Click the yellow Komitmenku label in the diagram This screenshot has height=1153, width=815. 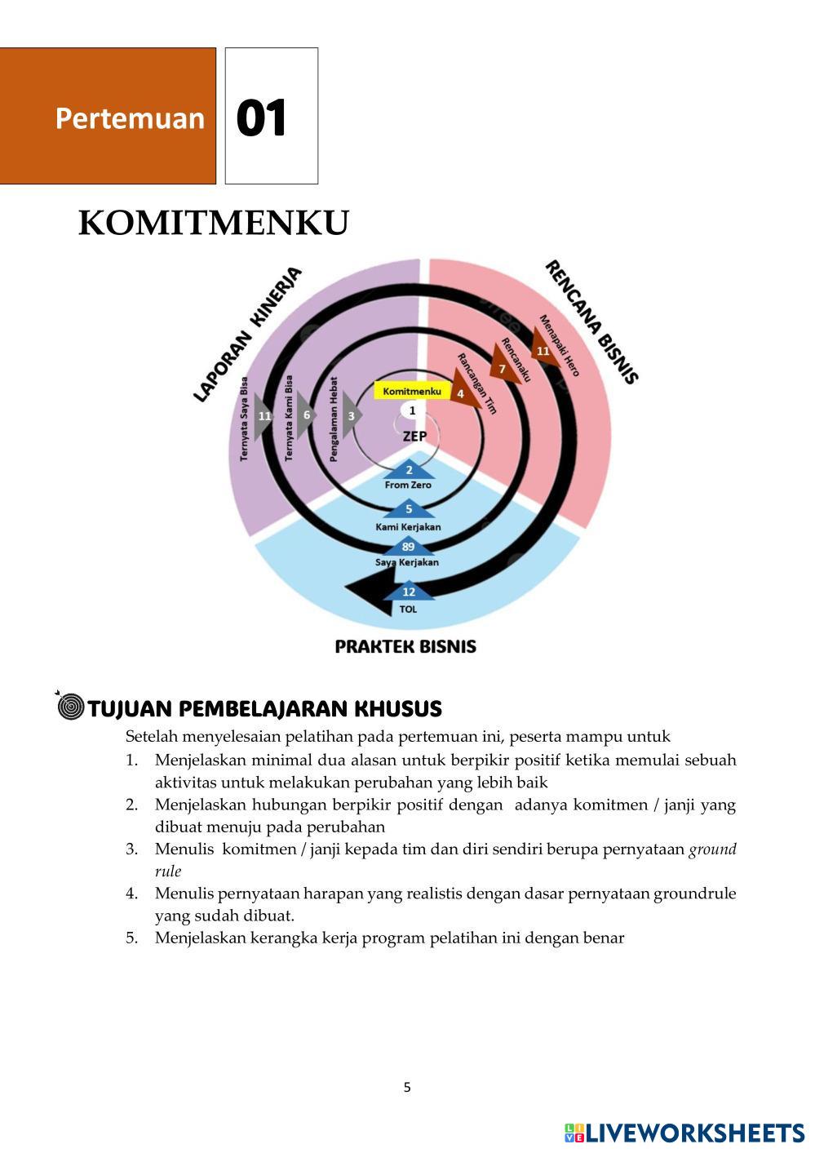pyautogui.click(x=412, y=391)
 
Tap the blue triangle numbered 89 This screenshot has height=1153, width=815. pyautogui.click(x=408, y=547)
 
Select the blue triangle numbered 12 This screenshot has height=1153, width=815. pyautogui.click(x=409, y=592)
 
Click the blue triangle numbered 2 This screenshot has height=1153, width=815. pyautogui.click(x=409, y=469)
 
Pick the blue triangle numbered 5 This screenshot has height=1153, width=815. pyautogui.click(x=409, y=509)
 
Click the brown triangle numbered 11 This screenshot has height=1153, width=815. pyautogui.click(x=543, y=348)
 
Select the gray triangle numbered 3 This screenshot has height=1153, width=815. pyautogui.click(x=352, y=415)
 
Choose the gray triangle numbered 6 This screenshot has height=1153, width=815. pyautogui.click(x=306, y=415)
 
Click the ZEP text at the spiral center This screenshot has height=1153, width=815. pyautogui.click(x=414, y=437)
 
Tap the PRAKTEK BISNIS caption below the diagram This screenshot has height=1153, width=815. pyautogui.click(x=405, y=646)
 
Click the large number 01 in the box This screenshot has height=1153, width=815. pyautogui.click(x=262, y=118)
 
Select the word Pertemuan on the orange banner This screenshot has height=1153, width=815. pyautogui.click(x=130, y=118)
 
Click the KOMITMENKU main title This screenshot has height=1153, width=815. pyautogui.click(x=214, y=224)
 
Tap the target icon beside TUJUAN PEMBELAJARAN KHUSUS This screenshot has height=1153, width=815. pyautogui.click(x=71, y=706)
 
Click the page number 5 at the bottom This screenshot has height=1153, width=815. pyautogui.click(x=407, y=1087)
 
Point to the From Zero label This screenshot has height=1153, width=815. pyautogui.click(x=408, y=485)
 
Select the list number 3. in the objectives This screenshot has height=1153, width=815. pyautogui.click(x=131, y=849)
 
